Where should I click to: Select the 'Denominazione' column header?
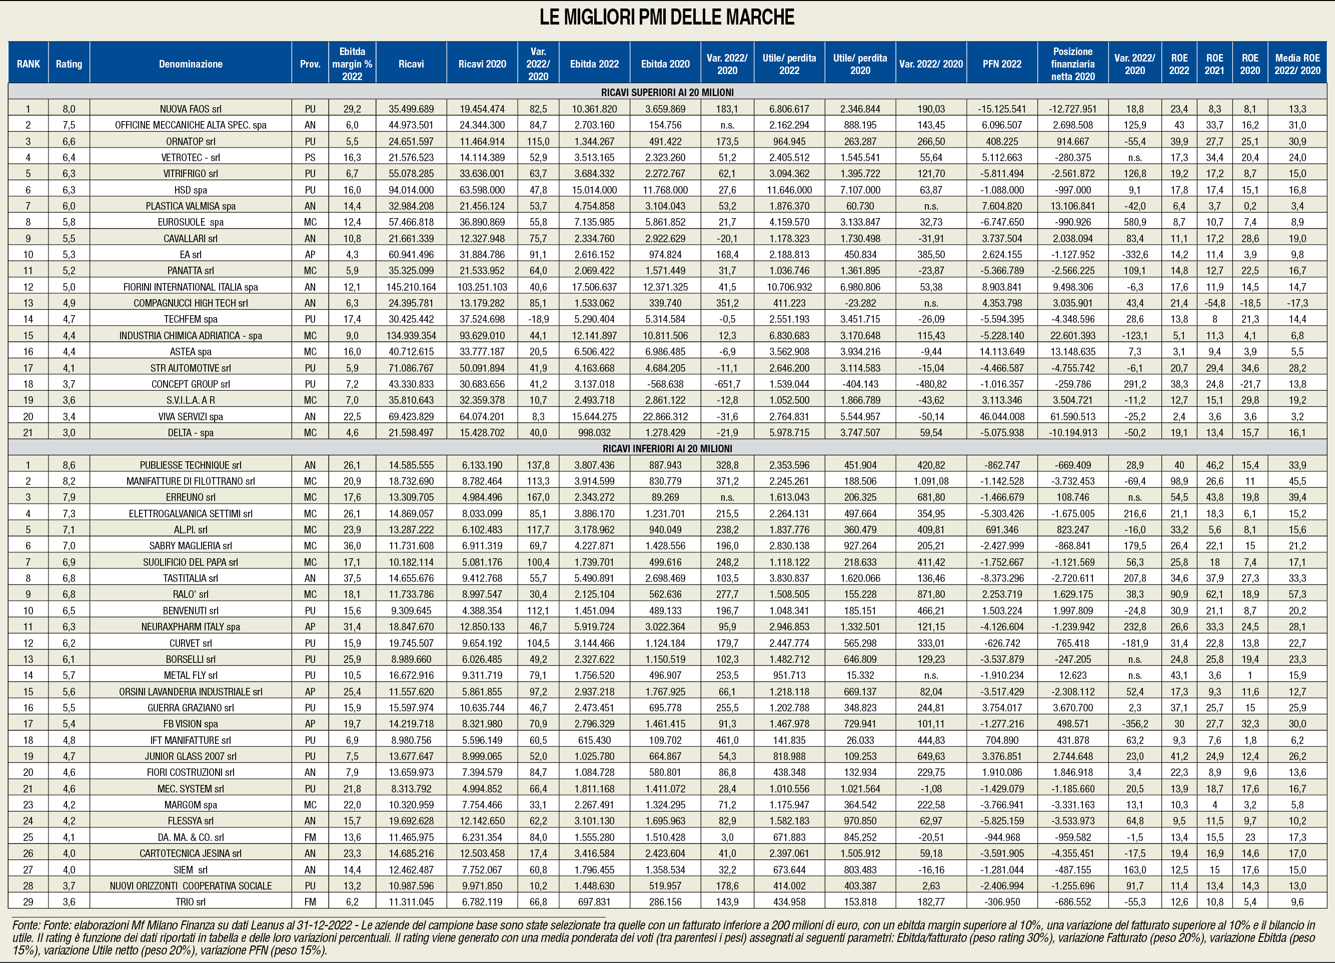tap(190, 64)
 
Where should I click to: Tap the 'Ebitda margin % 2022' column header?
tap(352, 64)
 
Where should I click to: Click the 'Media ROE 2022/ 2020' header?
tap(1297, 64)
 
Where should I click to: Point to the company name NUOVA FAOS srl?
tap(190, 109)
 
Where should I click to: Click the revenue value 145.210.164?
tap(411, 287)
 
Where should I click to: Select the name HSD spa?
tap(190, 190)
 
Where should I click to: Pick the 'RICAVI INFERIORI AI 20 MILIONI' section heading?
tap(667, 449)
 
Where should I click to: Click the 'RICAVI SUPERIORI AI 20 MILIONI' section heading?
tap(667, 93)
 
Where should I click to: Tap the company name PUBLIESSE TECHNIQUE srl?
tap(190, 465)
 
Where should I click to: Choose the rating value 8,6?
tap(69, 465)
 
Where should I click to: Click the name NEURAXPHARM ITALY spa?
tap(190, 627)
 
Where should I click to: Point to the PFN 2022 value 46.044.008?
tap(1001, 416)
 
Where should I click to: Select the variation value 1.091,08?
tap(931, 481)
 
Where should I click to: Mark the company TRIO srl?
tap(190, 902)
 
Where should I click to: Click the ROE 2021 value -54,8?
tap(1214, 303)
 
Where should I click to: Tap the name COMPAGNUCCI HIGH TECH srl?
tap(190, 303)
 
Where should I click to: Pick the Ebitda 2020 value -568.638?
tap(665, 384)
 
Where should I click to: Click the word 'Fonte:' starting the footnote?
tap(26, 925)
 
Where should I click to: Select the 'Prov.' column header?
tap(310, 64)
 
